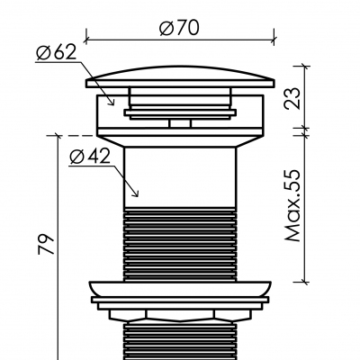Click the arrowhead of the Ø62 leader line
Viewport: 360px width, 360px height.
pyautogui.click(x=113, y=103)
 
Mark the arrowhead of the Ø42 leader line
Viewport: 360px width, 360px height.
pyautogui.click(x=136, y=194)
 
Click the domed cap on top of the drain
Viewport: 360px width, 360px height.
pyautogui.click(x=179, y=77)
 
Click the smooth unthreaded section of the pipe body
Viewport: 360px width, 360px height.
pyautogui.click(x=179, y=175)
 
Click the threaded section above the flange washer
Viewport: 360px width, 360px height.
pyautogui.click(x=179, y=243)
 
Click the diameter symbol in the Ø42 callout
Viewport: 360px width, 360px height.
pyautogui.click(x=77, y=157)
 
